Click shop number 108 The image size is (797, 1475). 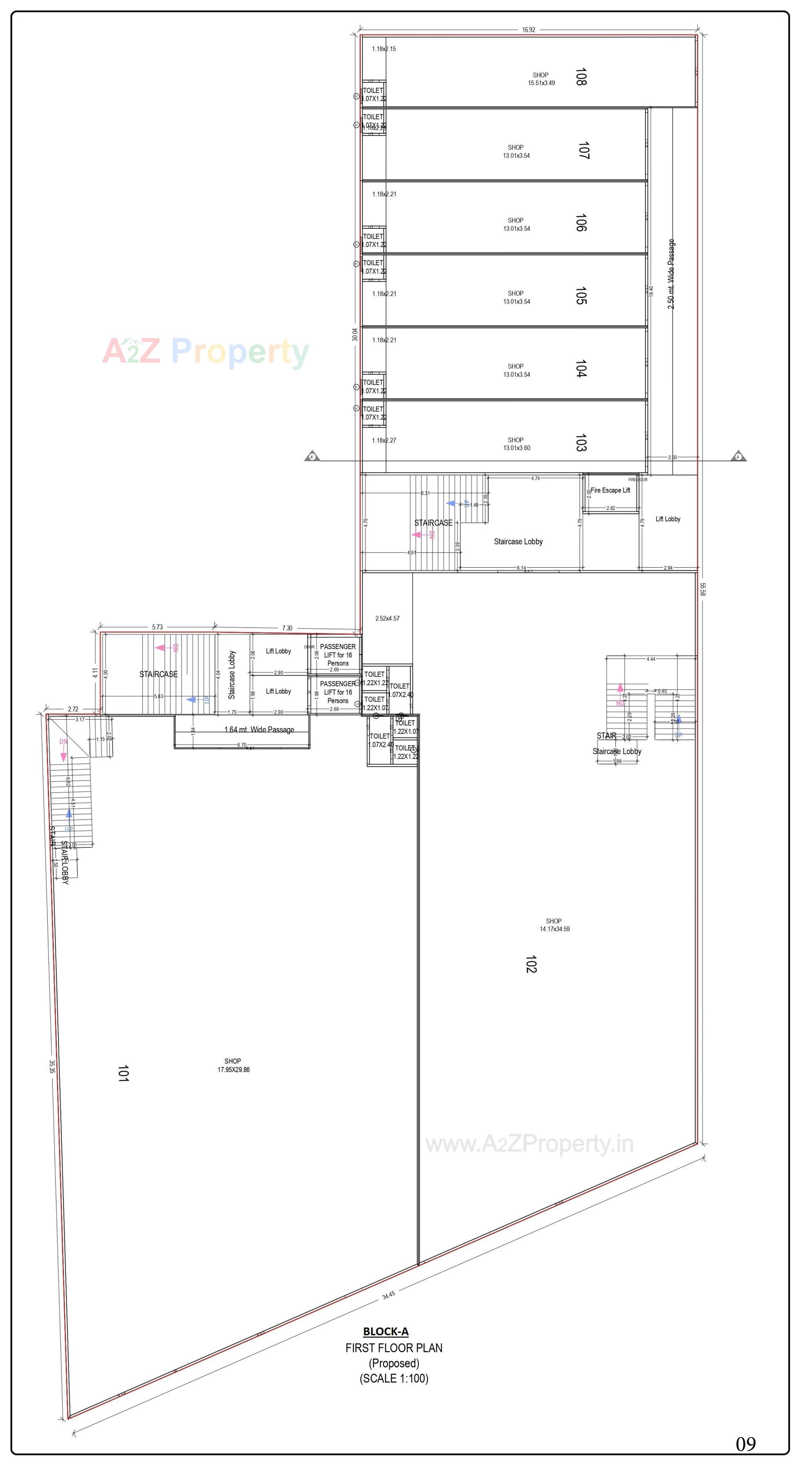[581, 77]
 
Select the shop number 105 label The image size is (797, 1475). [581, 296]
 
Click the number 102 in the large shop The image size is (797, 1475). [531, 964]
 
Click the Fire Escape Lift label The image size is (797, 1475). [610, 490]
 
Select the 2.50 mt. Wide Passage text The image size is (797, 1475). [671, 274]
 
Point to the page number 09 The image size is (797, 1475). [746, 1444]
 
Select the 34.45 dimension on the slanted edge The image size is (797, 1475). [388, 1295]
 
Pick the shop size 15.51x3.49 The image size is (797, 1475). [541, 83]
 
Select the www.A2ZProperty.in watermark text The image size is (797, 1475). [529, 1144]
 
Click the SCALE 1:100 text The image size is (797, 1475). [394, 1378]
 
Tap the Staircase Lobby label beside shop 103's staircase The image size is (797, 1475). [518, 541]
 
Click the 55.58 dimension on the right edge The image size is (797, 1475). [702, 589]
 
